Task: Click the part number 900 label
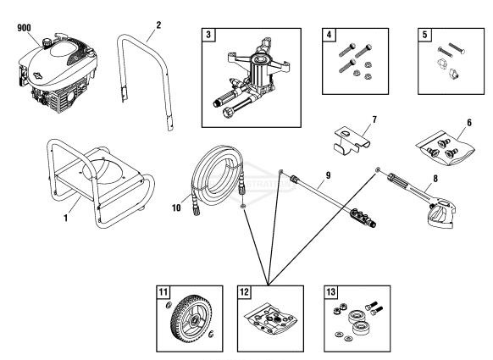[x=25, y=27]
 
